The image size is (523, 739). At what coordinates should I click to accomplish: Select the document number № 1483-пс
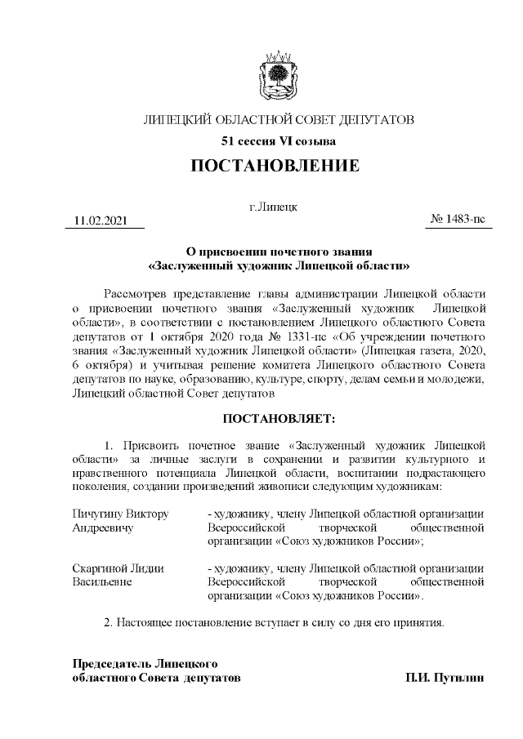pos(458,220)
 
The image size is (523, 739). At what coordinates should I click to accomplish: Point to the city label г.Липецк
pos(273,207)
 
